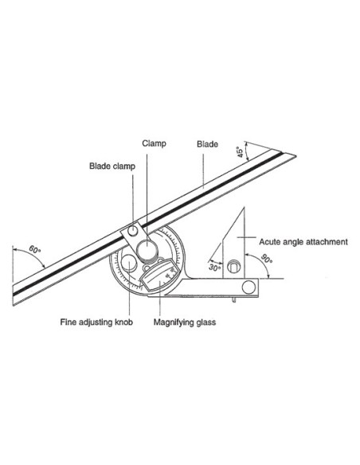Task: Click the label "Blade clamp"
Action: tap(112, 166)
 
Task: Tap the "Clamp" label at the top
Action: tap(154, 144)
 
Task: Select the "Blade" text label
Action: tap(207, 144)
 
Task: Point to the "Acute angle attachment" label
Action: tap(303, 242)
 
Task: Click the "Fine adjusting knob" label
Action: tap(96, 322)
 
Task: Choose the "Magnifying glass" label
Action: tap(185, 322)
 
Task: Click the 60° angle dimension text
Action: tap(35, 250)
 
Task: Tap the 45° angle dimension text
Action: tap(240, 152)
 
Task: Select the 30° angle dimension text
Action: tap(214, 268)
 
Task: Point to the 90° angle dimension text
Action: tap(267, 259)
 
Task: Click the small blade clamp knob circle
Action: tap(133, 230)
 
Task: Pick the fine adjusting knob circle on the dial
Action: tap(129, 263)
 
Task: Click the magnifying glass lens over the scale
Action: tap(160, 275)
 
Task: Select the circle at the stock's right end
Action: tap(248, 287)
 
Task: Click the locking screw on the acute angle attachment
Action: tap(233, 266)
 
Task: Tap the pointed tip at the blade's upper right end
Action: tap(295, 155)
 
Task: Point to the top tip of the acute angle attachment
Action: tap(244, 208)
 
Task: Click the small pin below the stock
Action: tap(234, 300)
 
